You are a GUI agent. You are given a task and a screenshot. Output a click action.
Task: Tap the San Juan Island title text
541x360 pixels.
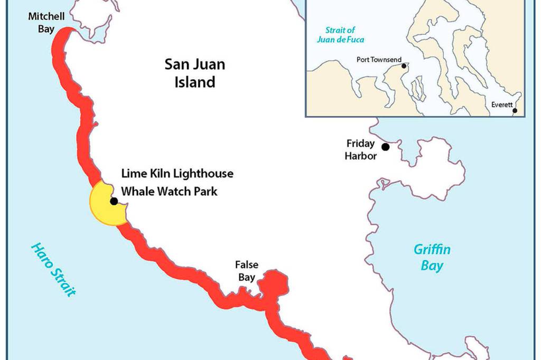(194, 73)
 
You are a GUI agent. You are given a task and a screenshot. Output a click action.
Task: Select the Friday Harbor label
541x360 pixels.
(361, 149)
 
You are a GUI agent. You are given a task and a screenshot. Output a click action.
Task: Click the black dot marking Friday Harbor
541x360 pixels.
(386, 146)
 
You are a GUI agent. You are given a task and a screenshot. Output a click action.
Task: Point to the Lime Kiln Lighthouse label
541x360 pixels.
(177, 173)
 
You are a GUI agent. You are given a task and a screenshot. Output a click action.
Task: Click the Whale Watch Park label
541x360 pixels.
(169, 191)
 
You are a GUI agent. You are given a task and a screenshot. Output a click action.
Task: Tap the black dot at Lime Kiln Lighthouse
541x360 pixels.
(113, 201)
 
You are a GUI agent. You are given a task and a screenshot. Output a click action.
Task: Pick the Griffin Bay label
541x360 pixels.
(432, 257)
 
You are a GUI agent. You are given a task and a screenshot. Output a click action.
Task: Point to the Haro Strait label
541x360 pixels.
(53, 269)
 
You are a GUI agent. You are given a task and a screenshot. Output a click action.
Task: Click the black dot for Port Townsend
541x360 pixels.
(404, 66)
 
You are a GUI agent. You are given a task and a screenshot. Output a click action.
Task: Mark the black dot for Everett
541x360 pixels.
(515, 111)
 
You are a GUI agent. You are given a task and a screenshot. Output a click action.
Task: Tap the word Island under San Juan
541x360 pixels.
(194, 82)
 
